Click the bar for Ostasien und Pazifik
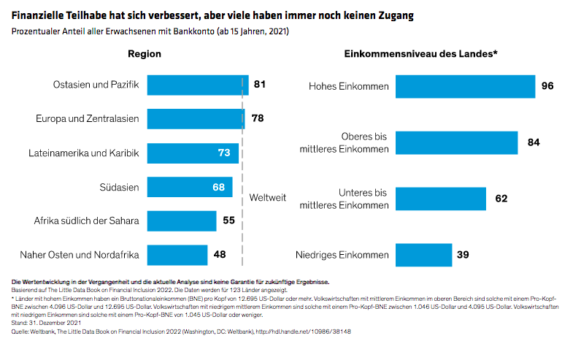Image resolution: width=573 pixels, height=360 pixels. tap(198, 85)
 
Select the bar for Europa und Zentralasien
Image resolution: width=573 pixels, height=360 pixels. tap(196, 119)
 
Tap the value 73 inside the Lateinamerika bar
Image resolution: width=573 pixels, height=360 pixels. tap(224, 153)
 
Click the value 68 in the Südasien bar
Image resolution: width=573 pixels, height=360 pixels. tap(218, 187)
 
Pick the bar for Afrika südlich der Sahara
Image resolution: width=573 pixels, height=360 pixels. tap(182, 221)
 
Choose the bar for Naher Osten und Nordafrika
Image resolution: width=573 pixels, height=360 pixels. tap(177, 255)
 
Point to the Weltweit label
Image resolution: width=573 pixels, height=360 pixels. tap(267, 197)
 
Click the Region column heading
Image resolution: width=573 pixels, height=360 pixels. tap(145, 55)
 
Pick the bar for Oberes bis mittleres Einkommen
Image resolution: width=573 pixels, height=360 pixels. tap(456, 142)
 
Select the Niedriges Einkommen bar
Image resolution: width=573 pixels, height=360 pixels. tap(423, 255)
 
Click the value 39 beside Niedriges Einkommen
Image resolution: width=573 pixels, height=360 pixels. tap(462, 255)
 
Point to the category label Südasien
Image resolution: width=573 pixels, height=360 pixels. tap(120, 187)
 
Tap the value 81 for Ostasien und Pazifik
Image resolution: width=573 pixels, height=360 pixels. tap(260, 85)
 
